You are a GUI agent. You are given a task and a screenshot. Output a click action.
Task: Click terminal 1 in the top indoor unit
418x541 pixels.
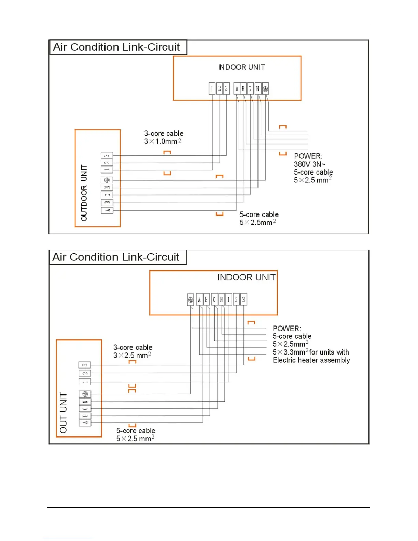[212, 89]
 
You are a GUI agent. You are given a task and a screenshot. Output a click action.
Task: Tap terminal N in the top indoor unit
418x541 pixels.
[258, 89]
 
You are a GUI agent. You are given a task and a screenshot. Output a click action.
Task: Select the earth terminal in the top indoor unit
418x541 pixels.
[265, 89]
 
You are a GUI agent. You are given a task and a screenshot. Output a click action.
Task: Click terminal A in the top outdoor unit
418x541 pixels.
[107, 210]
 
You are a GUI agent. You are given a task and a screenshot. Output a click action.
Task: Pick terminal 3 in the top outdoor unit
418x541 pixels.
[107, 156]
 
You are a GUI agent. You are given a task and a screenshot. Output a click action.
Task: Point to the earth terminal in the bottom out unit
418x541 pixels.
[85, 394]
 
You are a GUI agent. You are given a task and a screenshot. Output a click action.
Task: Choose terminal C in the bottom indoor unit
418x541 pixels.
[214, 300]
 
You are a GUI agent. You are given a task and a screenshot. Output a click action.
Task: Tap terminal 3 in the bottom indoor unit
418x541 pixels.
[243, 300]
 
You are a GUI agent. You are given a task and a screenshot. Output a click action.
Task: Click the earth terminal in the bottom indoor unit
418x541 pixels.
[191, 300]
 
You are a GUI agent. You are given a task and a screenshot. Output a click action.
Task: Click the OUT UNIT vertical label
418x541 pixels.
[64, 413]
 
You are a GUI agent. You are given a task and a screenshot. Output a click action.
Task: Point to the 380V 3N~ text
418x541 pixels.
[310, 164]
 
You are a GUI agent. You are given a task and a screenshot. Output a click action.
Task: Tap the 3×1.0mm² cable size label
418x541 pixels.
[163, 141]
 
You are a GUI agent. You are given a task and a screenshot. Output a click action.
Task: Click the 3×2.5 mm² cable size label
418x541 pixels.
[132, 355]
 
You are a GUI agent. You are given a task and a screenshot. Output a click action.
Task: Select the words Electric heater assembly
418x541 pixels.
[311, 360]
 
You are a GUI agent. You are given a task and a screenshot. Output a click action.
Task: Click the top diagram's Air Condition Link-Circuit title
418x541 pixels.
[116, 47]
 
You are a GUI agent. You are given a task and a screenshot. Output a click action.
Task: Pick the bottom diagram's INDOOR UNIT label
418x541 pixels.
[246, 277]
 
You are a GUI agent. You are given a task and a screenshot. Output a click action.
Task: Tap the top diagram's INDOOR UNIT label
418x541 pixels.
[241, 67]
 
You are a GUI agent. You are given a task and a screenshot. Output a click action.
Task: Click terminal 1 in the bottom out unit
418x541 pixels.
[85, 382]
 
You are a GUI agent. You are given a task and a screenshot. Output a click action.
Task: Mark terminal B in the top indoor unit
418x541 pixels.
[243, 89]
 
